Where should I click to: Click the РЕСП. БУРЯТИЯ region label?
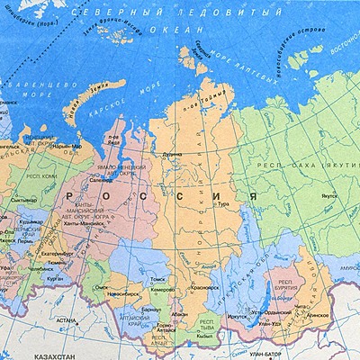(284, 286)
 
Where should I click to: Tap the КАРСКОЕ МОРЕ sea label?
(123, 115)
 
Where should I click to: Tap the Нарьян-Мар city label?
(66, 145)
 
